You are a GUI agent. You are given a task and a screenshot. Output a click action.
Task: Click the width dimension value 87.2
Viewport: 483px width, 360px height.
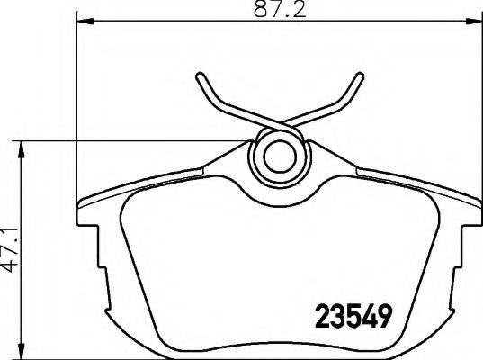280,9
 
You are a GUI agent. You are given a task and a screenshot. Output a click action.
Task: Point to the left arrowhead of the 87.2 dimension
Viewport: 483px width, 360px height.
85,21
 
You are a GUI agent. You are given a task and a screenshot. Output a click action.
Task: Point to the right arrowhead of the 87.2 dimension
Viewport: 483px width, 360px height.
474,21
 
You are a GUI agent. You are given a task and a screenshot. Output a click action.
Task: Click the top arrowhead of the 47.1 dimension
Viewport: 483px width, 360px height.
21,150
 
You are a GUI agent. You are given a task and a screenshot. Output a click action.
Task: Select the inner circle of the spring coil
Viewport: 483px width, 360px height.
281,157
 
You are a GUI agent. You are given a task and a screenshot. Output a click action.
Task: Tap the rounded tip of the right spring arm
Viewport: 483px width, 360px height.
360,76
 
